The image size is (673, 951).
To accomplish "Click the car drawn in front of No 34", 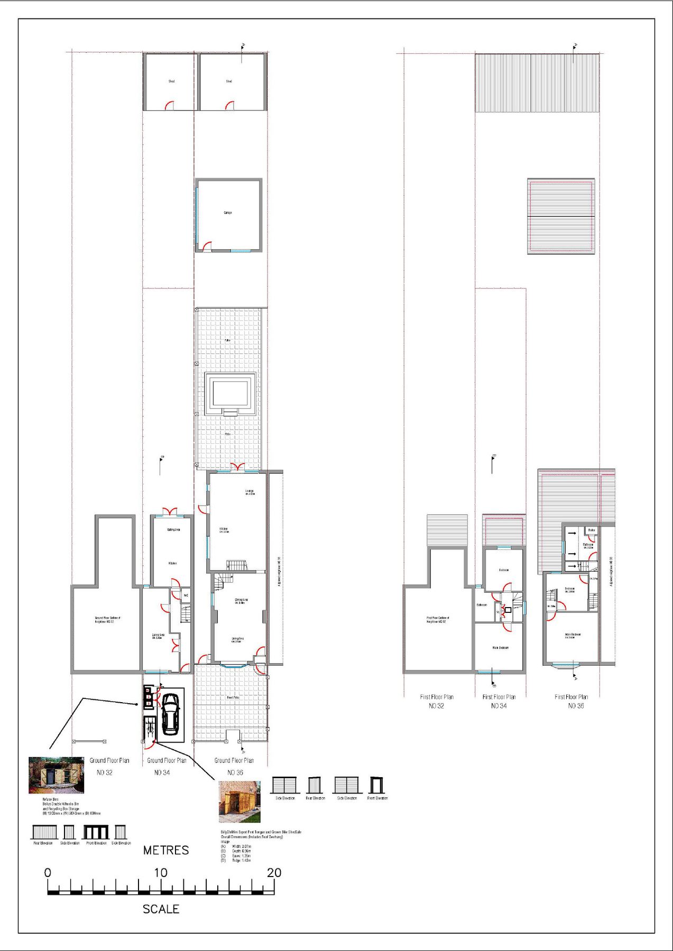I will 170,714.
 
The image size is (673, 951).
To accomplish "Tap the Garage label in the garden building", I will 228,212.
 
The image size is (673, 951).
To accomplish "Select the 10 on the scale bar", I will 161,873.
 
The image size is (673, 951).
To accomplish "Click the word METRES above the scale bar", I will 166,850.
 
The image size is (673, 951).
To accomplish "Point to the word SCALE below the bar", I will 161,909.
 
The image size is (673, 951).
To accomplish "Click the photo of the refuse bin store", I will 57,775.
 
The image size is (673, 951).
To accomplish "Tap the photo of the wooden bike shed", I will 240,802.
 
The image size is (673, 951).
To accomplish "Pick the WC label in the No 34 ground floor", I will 186,595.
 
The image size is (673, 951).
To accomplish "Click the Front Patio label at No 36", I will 233,697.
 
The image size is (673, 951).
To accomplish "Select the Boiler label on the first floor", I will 592,530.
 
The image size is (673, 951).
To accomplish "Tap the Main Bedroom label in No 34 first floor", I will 500,648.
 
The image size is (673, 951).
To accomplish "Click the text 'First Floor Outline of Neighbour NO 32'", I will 437,619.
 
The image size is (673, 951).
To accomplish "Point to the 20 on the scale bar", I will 274,873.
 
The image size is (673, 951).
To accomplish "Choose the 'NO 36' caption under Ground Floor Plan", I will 235,772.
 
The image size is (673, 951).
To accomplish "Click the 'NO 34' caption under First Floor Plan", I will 499,706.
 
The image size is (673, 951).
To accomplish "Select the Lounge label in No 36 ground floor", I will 250,492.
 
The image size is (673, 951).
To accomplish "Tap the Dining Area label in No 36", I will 241,601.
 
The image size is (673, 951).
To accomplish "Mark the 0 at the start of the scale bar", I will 48,873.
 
